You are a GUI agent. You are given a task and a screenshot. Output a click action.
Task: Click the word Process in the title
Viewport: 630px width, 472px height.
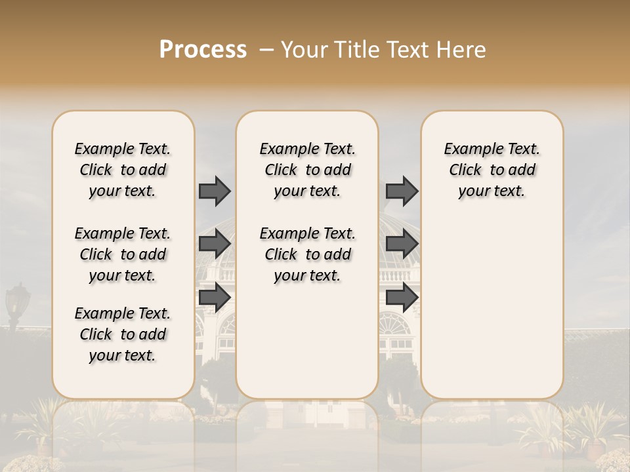tap(203, 50)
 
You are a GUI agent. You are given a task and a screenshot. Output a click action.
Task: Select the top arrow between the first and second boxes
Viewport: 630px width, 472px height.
tap(215, 191)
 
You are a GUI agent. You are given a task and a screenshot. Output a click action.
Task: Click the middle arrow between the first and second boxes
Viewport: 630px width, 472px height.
tap(215, 244)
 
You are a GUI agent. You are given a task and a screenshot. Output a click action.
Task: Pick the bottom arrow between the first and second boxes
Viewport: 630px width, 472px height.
tap(215, 297)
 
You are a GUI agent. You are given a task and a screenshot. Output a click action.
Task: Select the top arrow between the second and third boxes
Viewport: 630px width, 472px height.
tap(402, 191)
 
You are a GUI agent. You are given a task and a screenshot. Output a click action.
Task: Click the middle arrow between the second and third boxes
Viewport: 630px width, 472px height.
tap(402, 244)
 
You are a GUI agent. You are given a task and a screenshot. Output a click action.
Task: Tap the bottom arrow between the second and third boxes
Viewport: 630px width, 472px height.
tap(402, 297)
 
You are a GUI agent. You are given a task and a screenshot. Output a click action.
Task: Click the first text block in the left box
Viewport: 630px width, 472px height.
tap(123, 170)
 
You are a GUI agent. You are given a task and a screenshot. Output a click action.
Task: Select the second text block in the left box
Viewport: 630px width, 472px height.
tap(123, 254)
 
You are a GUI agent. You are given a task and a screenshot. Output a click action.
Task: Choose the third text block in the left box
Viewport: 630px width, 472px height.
tap(123, 334)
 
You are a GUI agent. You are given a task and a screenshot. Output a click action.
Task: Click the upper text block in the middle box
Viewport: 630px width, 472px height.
tap(307, 170)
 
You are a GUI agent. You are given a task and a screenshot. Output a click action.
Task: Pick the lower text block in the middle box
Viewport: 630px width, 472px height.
tap(307, 254)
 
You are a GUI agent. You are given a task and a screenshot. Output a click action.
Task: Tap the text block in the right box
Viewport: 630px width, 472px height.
tap(492, 170)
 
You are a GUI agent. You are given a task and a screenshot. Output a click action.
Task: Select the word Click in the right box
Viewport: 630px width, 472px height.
tap(465, 170)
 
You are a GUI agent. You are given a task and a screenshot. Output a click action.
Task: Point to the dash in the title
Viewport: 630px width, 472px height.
tap(267, 50)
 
